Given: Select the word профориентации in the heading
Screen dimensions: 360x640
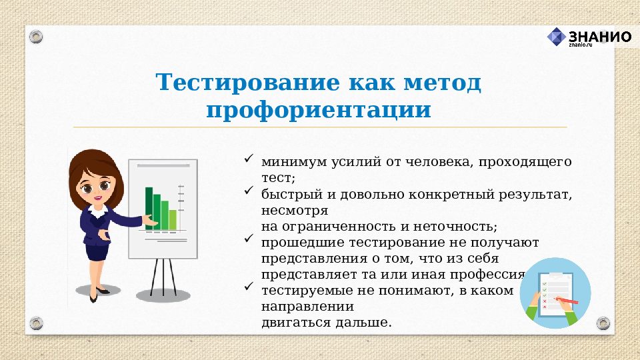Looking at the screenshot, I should coord(319,110).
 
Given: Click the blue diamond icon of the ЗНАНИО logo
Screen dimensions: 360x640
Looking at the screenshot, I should coord(557,37).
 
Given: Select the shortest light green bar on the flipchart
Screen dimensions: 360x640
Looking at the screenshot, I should coord(173,219).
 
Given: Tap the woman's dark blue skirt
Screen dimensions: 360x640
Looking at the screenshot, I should coord(97,252).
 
